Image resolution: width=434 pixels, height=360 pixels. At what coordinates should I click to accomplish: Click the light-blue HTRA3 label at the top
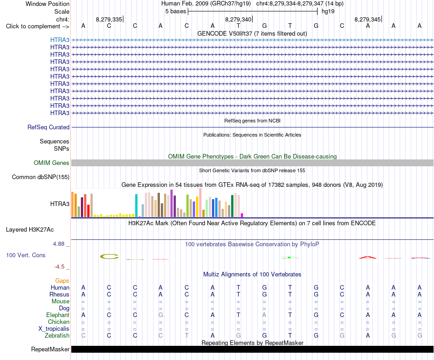(x=60, y=40)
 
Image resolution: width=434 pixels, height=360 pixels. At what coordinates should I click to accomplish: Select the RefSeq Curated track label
(x=48, y=127)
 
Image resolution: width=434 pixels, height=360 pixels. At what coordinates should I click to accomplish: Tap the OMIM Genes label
(x=52, y=163)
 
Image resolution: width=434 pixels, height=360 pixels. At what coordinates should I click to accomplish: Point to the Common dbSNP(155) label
(x=41, y=177)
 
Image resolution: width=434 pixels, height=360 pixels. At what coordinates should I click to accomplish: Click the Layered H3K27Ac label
(x=30, y=230)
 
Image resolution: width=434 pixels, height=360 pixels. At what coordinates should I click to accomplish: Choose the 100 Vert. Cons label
(x=26, y=255)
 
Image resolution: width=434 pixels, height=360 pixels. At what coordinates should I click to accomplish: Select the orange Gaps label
(x=62, y=281)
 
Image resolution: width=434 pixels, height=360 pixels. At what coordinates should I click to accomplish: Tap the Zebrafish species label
(x=57, y=336)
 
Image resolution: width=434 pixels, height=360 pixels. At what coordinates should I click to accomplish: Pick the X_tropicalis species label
(x=54, y=329)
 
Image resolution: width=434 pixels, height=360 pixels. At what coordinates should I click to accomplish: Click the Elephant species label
(x=58, y=315)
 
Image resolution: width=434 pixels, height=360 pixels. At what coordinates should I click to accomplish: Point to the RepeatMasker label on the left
(x=50, y=349)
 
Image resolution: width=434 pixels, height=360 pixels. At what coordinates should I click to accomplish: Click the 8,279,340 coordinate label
(x=238, y=19)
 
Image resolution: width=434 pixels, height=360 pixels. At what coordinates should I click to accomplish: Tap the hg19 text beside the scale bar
(x=328, y=11)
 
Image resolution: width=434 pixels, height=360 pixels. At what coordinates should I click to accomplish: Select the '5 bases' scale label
(x=176, y=11)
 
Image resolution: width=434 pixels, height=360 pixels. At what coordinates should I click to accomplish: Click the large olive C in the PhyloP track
(x=109, y=256)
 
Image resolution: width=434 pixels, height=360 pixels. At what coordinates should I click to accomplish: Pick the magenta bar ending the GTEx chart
(x=242, y=215)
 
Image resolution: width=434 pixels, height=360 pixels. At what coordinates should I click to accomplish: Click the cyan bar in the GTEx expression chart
(x=137, y=206)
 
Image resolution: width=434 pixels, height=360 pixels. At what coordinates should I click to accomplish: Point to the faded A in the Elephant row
(x=265, y=315)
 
